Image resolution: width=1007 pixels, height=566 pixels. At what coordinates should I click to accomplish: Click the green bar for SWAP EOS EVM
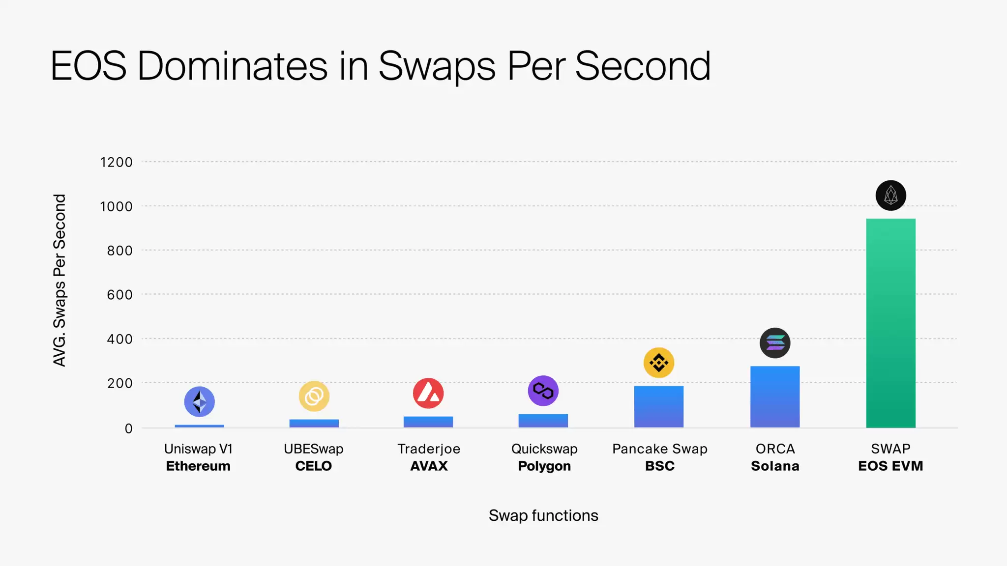pyautogui.click(x=890, y=323)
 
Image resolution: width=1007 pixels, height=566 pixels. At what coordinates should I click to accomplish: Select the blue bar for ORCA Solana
pyautogui.click(x=775, y=396)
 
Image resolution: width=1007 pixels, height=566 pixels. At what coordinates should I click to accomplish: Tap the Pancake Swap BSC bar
pyautogui.click(x=659, y=406)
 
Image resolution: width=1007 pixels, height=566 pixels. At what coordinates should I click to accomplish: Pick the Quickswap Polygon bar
pyautogui.click(x=543, y=421)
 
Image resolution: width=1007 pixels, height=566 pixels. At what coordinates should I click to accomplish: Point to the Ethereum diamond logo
pyautogui.click(x=199, y=401)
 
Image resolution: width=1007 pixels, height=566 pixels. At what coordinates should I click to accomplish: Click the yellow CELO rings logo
pyautogui.click(x=314, y=396)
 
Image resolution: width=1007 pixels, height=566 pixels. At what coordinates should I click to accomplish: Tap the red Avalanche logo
pyautogui.click(x=428, y=393)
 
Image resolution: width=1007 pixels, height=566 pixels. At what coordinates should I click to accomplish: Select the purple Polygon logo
pyautogui.click(x=543, y=391)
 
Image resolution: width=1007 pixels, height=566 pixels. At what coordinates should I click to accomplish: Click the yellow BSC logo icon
pyautogui.click(x=659, y=363)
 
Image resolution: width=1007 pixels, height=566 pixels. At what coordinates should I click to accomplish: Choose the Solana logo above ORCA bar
pyautogui.click(x=775, y=343)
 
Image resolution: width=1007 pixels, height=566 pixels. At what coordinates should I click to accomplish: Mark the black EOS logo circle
pyautogui.click(x=890, y=196)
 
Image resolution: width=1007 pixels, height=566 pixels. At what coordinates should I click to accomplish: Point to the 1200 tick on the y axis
pyautogui.click(x=117, y=162)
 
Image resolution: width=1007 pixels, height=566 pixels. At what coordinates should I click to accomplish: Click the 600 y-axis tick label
pyautogui.click(x=119, y=295)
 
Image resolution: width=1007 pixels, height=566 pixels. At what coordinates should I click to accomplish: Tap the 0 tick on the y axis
pyautogui.click(x=128, y=428)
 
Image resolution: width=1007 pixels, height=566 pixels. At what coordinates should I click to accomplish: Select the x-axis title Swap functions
pyautogui.click(x=543, y=515)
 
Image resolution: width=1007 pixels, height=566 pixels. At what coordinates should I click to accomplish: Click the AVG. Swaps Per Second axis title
pyautogui.click(x=59, y=280)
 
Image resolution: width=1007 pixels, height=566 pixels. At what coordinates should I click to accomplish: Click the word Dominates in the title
pyautogui.click(x=233, y=66)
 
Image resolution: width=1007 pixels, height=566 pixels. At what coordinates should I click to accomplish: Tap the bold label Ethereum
pyautogui.click(x=198, y=466)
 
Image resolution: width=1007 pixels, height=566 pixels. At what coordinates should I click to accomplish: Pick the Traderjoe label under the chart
pyautogui.click(x=429, y=449)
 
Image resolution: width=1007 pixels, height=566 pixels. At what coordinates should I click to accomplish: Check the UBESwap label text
pyautogui.click(x=314, y=449)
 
